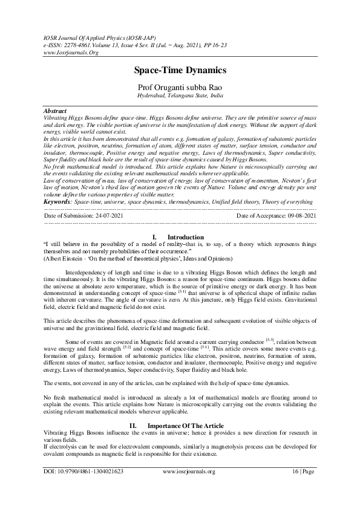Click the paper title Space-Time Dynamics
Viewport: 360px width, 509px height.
180,70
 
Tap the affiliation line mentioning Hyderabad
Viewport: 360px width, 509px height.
180,96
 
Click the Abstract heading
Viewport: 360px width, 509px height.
56,112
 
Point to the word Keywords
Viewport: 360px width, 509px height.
58,201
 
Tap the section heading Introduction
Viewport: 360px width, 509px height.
185,237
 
